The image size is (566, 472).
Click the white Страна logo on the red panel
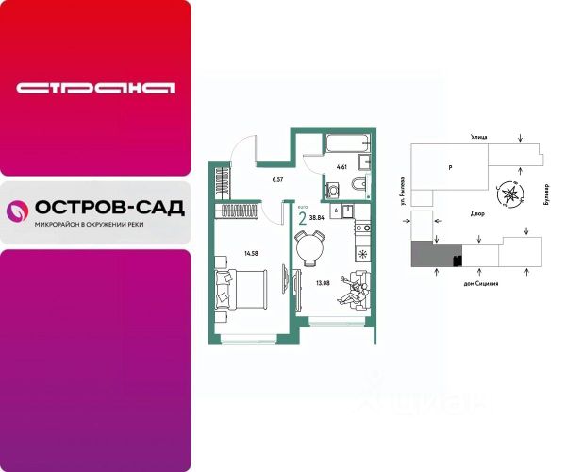[x=95, y=88]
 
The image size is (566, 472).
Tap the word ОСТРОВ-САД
[x=108, y=208]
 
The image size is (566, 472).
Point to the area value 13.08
[x=323, y=281]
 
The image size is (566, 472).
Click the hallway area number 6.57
[x=277, y=179]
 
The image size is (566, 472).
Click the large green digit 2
[x=302, y=218]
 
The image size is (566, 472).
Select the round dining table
[x=308, y=252]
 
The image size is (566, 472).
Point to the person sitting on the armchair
[x=355, y=289]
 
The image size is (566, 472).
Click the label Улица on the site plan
[x=477, y=139]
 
